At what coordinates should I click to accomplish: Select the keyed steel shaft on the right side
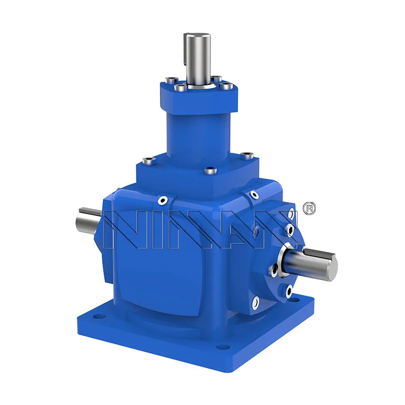pyautogui.click(x=314, y=263)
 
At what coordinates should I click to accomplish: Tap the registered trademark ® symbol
pyautogui.click(x=308, y=209)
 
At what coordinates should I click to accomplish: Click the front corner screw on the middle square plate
pyautogui.click(x=208, y=172)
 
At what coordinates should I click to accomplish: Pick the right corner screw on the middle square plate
pyautogui.click(x=248, y=154)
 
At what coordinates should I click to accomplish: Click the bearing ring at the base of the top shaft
pyautogui.click(x=198, y=87)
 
